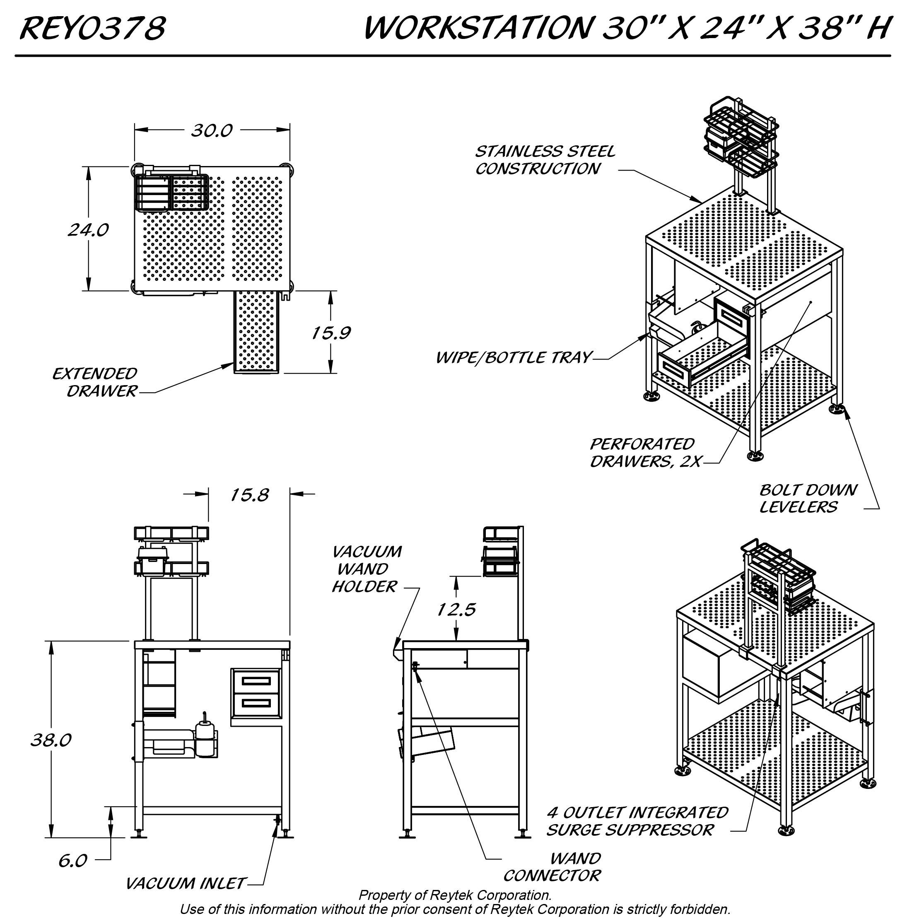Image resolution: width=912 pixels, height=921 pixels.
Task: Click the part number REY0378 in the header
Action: [92, 28]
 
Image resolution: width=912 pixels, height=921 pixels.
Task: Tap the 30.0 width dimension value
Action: [211, 130]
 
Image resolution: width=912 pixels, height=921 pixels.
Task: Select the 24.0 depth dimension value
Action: [88, 230]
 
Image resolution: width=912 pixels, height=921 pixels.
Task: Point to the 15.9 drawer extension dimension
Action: [331, 333]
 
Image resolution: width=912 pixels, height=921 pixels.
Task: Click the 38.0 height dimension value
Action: [51, 740]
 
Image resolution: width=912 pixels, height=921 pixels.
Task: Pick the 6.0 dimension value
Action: [72, 861]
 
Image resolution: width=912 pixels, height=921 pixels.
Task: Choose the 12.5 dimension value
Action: [456, 610]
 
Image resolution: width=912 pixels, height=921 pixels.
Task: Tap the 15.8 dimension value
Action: [249, 495]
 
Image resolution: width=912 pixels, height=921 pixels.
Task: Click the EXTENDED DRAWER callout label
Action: [95, 382]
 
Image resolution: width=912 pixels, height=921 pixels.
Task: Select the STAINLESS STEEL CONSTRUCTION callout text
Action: [545, 160]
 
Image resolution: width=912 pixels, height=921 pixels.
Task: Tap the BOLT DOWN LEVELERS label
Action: [808, 498]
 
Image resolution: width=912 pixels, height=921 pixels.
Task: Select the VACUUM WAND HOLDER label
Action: [366, 569]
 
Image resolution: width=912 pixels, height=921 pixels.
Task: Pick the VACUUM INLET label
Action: [185, 883]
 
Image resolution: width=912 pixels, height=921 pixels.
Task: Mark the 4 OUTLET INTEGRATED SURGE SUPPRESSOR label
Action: [637, 821]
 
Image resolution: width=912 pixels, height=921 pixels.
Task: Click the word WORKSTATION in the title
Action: [476, 28]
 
